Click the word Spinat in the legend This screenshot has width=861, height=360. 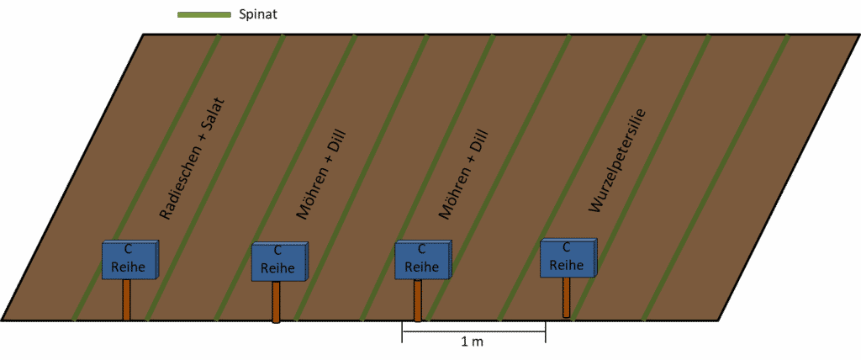257,15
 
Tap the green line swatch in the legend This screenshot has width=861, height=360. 204,15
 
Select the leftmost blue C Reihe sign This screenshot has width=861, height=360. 130,260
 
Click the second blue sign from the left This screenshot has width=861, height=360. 279,262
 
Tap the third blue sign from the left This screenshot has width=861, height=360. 424,260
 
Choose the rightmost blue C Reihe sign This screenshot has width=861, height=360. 568,258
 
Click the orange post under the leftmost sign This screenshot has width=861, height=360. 126,299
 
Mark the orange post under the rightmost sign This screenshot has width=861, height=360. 566,298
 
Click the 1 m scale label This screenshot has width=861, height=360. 473,342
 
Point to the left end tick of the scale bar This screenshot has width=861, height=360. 403,332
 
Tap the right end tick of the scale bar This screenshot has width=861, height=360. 545,332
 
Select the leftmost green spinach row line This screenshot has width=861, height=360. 146,177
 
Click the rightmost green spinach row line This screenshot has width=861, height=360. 716,177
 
